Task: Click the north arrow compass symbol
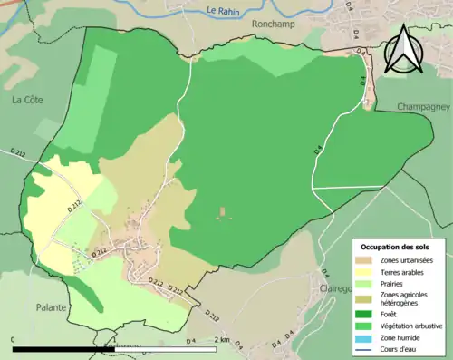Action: click(x=401, y=50)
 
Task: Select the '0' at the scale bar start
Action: click(x=13, y=340)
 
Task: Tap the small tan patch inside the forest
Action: click(x=222, y=214)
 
